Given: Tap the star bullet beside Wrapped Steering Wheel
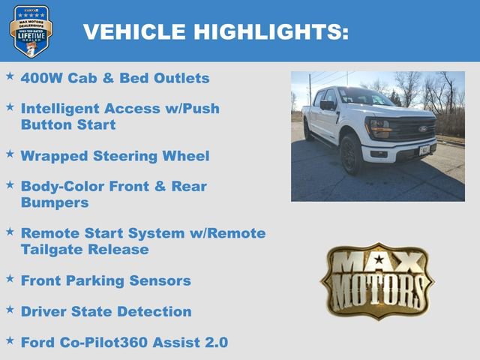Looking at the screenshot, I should pos(10,154).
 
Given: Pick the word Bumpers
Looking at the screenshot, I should pos(55,202).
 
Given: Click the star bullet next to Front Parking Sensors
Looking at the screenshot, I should pos(10,278).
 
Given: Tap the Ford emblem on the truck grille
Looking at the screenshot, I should pos(423,129).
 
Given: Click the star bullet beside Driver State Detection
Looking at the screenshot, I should pos(10,309).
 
